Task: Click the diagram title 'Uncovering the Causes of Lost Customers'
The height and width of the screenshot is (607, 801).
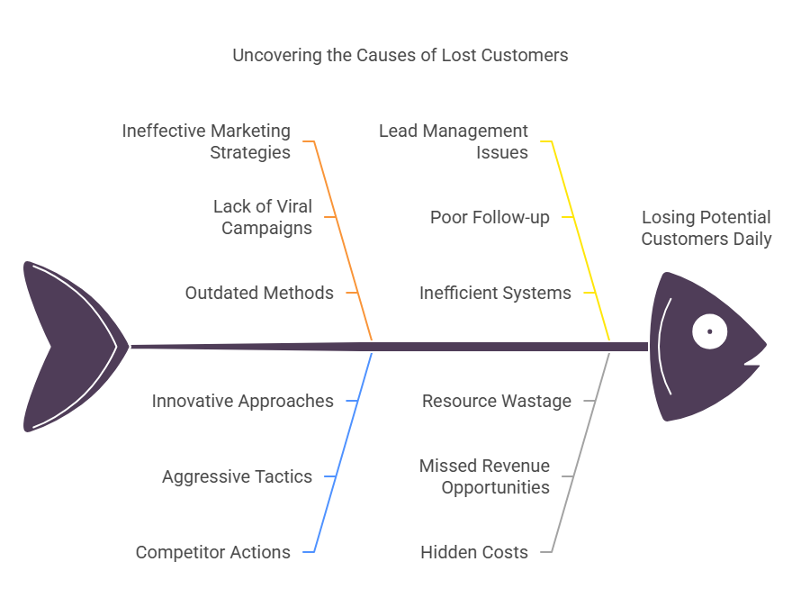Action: point(400,55)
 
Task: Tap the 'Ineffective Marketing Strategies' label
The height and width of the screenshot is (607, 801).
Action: point(206,141)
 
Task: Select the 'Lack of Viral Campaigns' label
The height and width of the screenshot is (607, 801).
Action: point(262,217)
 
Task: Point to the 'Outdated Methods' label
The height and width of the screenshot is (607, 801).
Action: point(259,293)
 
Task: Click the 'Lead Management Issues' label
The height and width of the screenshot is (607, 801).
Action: point(454,141)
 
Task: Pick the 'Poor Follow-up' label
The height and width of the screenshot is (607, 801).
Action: point(490,217)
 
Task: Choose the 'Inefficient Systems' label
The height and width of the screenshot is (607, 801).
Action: point(495,293)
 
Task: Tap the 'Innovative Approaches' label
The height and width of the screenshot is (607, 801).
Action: point(242,401)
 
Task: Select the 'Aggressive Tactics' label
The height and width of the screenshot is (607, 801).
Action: point(237,476)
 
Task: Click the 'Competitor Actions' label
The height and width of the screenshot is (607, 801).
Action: point(212,552)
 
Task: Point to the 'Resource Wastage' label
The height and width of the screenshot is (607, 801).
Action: point(496,401)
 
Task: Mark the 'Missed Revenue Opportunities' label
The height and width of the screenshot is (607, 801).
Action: point(484,476)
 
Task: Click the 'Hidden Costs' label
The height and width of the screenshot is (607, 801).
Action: point(474,552)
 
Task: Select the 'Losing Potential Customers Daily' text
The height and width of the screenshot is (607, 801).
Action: point(706,228)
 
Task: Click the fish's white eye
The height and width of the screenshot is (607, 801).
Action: point(709,331)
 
